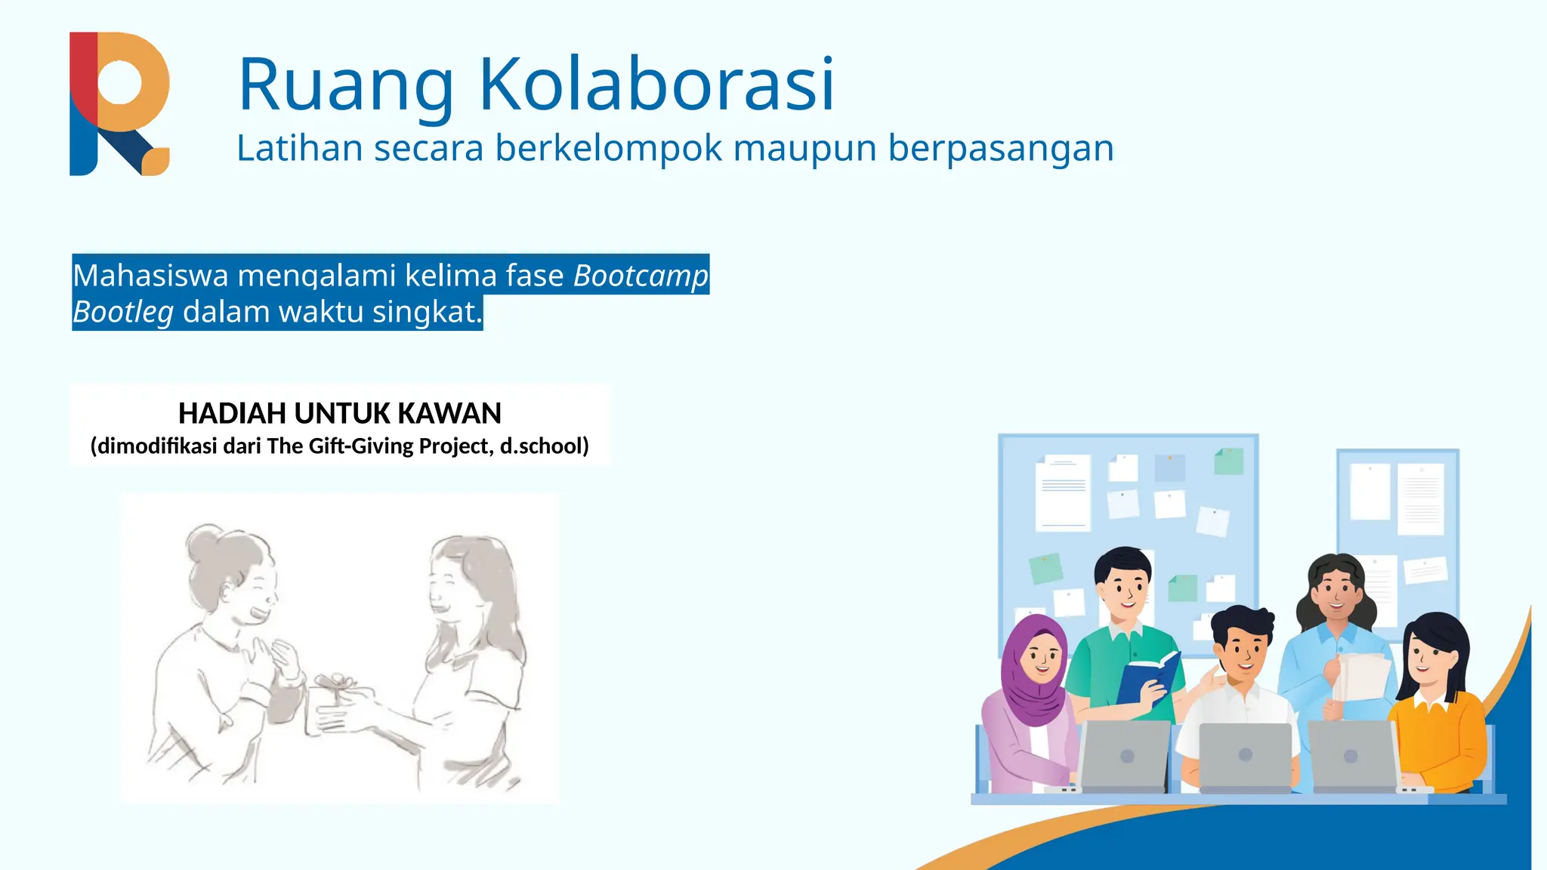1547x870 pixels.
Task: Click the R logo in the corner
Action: pyautogui.click(x=119, y=103)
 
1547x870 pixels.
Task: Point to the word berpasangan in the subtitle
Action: pyautogui.click(x=1000, y=150)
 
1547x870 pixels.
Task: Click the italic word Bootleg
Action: pyautogui.click(x=123, y=312)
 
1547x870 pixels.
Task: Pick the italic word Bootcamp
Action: pyautogui.click(x=641, y=276)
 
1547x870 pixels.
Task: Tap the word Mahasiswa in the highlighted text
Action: pyautogui.click(x=150, y=276)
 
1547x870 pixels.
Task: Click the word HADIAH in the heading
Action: pyautogui.click(x=232, y=414)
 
